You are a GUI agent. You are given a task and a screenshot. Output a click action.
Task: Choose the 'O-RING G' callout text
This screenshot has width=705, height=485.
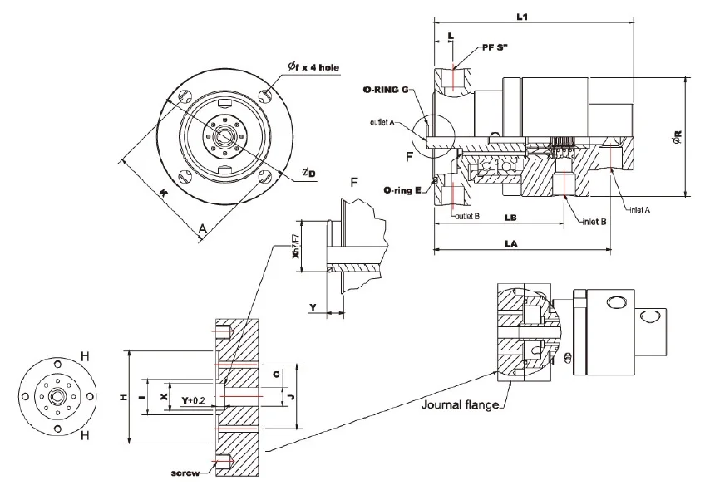tap(387, 89)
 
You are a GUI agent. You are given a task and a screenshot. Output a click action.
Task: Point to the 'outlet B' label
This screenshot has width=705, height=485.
tap(470, 218)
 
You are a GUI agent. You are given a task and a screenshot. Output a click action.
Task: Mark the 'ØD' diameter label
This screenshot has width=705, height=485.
tap(308, 173)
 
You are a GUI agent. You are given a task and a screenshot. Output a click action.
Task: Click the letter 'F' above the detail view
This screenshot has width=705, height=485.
tap(356, 181)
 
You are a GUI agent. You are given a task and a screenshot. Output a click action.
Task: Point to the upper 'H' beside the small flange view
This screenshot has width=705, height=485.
tap(84, 356)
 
